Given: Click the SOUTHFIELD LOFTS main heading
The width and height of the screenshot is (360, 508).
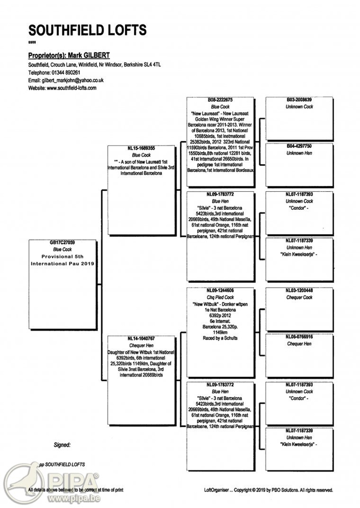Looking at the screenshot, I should click(x=87, y=30).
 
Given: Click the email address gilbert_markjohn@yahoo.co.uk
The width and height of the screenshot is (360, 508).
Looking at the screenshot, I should click(x=73, y=80).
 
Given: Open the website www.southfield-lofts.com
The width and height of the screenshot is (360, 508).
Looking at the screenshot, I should click(x=72, y=88).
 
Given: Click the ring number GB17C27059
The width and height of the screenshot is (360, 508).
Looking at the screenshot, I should click(x=63, y=243).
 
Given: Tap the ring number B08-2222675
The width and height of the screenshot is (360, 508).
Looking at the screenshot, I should click(x=221, y=100).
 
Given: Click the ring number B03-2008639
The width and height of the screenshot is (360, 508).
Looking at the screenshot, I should click(x=300, y=100).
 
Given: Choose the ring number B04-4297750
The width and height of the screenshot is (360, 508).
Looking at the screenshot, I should click(x=300, y=146).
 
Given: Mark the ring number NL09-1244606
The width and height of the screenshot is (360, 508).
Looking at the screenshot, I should click(x=221, y=291).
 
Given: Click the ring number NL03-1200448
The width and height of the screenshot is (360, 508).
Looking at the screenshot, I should click(x=300, y=291).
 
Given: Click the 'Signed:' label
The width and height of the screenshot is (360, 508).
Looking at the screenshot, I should click(x=62, y=445).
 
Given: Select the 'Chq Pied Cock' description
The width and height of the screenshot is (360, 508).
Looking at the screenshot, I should click(x=221, y=298).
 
